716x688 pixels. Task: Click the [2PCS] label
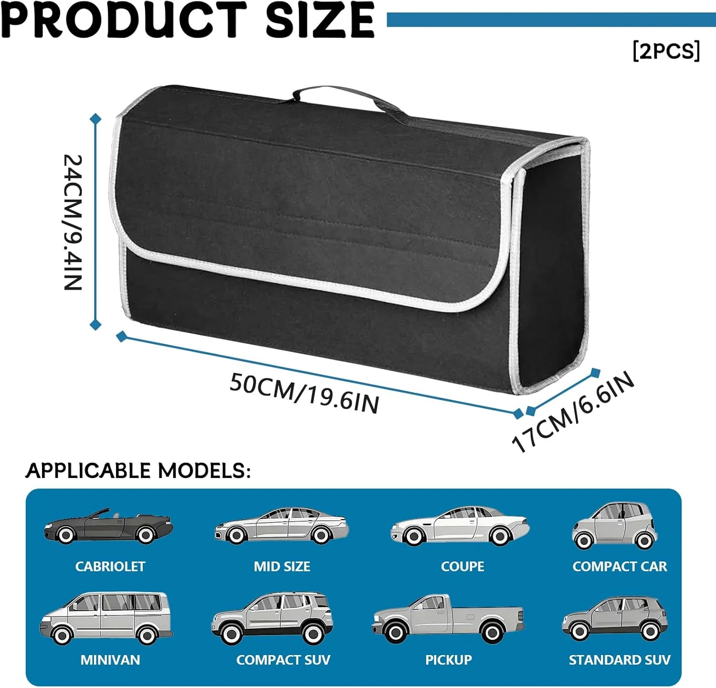666,51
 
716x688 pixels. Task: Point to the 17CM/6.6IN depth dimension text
573,412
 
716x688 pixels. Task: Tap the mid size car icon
282,526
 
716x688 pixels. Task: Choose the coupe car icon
460,526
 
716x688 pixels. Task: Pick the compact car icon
615,525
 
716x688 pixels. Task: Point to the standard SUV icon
615,618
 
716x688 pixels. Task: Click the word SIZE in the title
320,20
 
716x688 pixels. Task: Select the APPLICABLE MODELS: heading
138,471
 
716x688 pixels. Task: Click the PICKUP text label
449,660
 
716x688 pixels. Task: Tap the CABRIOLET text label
110,566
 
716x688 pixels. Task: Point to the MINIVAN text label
110,660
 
